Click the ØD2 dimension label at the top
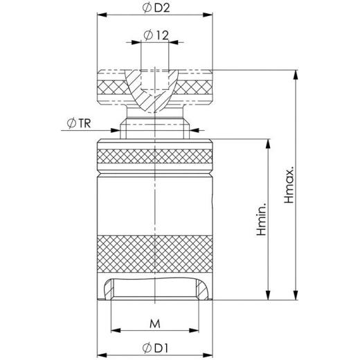tap(159, 7)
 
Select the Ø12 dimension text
tap(157, 35)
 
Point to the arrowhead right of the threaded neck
tap(194, 129)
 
